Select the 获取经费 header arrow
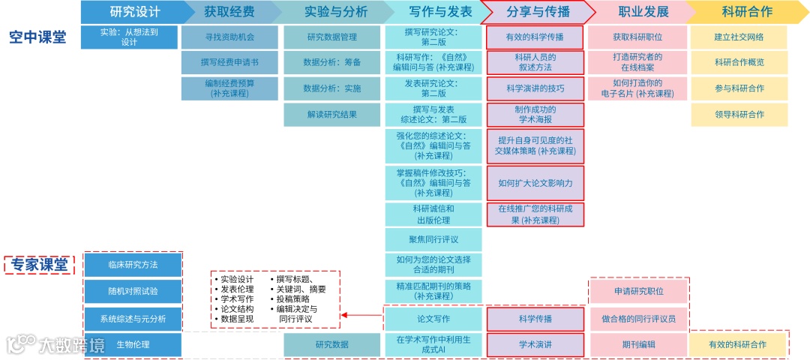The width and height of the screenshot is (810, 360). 229,11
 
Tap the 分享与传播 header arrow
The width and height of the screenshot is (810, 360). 537,11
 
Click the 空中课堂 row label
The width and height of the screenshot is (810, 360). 37,37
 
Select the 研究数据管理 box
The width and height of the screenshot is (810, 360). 331,37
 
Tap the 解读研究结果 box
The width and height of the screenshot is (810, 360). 331,115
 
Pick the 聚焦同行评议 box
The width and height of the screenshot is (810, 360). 433,240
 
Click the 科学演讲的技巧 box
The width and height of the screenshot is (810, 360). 535,88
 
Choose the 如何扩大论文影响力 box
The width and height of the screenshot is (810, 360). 535,183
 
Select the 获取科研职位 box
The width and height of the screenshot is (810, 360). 637,37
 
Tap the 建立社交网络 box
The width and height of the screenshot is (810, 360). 739,37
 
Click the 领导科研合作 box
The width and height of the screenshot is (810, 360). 739,115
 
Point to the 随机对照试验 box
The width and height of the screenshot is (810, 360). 133,290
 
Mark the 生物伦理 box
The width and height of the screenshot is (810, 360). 133,345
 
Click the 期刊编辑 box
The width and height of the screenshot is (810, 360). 638,345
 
